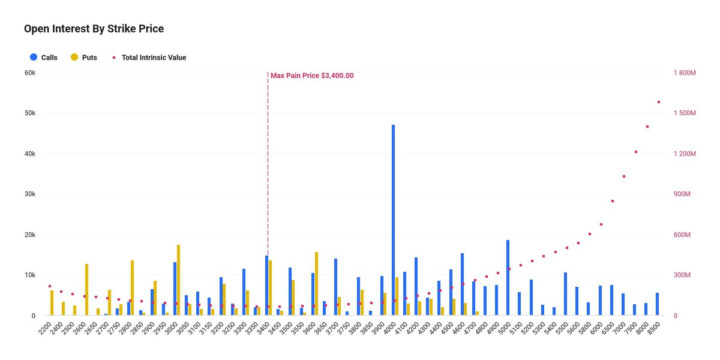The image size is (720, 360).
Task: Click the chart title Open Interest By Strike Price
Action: (x=94, y=29)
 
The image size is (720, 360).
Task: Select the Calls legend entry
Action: (x=44, y=58)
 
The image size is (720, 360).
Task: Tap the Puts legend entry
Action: (x=83, y=58)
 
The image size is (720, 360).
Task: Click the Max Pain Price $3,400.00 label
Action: (x=312, y=76)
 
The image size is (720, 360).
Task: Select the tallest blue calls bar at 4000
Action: (x=394, y=220)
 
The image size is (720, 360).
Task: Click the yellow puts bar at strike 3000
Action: (x=179, y=280)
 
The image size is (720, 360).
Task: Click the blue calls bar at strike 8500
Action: (x=658, y=304)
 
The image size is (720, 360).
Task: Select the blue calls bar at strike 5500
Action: (x=565, y=293)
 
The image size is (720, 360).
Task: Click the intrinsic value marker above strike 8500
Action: (x=659, y=102)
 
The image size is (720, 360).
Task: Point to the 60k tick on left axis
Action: (x=30, y=73)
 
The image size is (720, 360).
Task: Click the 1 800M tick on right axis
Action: (x=685, y=73)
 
